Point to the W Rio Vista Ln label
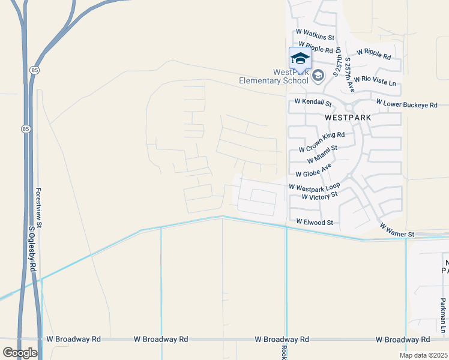point(375,80)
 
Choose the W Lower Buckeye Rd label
point(407,104)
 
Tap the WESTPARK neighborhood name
point(348,118)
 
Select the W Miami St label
point(322,154)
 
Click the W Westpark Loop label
point(314,187)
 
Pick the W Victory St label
point(320,196)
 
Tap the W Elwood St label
point(314,222)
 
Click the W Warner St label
point(396,230)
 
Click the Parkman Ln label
point(442,317)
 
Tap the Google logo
point(20,353)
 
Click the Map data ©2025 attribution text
point(423,355)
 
